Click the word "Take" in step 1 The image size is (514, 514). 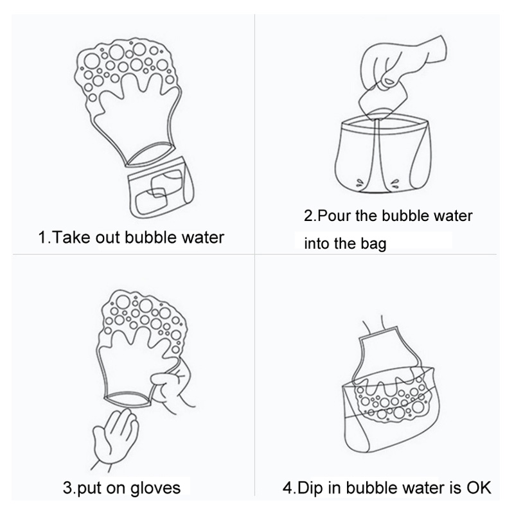click(71, 237)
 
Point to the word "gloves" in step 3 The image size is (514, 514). click(155, 488)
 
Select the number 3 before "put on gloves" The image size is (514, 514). click(67, 488)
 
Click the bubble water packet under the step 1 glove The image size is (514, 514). click(161, 188)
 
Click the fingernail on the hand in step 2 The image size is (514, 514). click(389, 82)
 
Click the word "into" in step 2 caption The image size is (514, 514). click(315, 244)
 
